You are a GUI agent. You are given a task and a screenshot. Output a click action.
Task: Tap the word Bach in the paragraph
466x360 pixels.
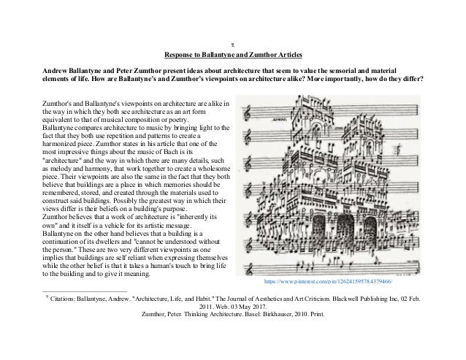coord(164,150)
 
